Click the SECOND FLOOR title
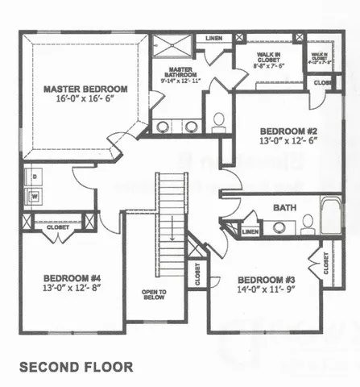click(x=77, y=367)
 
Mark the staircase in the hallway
click(x=171, y=226)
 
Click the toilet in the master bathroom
click(x=217, y=122)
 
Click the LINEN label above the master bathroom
click(x=214, y=38)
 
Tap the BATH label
click(x=284, y=207)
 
